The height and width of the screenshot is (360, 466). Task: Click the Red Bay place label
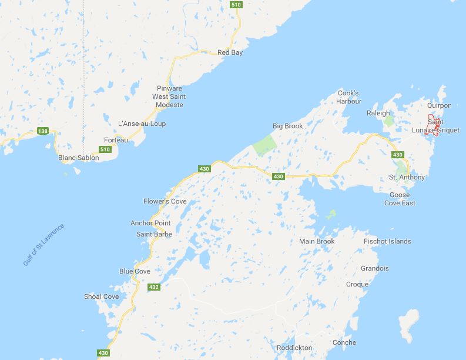point(230,52)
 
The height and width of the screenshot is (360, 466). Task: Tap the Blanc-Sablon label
point(79,158)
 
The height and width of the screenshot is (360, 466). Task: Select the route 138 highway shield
point(42,131)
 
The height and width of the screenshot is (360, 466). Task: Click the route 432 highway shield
point(154,287)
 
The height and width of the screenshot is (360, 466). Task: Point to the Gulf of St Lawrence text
point(44,244)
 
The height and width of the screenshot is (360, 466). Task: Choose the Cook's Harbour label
point(348,97)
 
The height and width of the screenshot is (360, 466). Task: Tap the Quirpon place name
point(440,106)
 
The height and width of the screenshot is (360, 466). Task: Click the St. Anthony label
point(407,177)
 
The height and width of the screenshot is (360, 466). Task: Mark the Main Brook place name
point(317,241)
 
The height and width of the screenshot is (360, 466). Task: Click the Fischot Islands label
point(387,241)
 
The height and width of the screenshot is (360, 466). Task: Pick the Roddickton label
point(294,348)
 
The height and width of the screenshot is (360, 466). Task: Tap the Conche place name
point(344,342)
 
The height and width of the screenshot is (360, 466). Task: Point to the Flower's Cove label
point(165,201)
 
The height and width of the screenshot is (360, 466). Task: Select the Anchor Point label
point(150,223)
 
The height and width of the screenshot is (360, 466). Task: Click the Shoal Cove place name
point(101,296)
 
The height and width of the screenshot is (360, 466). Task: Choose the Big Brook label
point(286,126)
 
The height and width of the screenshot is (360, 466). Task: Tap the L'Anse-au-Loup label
point(142,124)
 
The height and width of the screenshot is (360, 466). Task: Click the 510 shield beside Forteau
point(105,149)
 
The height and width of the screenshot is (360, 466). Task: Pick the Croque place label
point(357,284)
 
